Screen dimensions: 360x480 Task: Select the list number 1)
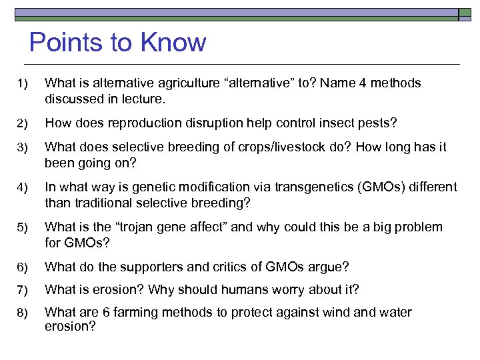23,83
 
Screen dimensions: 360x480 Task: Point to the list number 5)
23,227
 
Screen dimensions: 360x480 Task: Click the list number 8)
23,313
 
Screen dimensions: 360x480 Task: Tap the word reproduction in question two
133,123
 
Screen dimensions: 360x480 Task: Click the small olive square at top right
465,13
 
